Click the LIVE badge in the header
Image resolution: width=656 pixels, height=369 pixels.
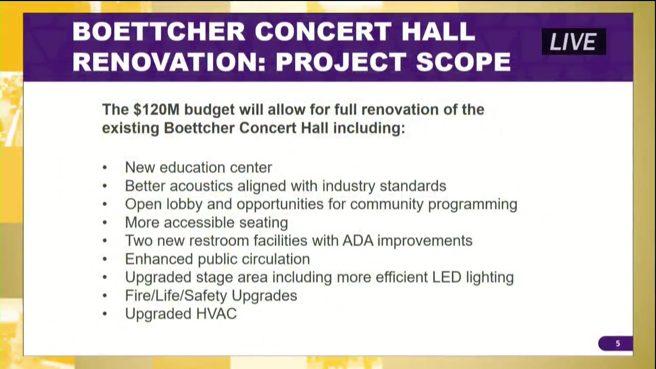click(573, 42)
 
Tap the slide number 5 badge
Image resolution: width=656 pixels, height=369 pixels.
click(616, 343)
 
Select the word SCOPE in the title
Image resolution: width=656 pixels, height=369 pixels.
click(463, 62)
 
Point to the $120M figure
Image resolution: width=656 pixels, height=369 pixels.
click(156, 110)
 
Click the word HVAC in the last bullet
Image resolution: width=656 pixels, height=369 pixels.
click(216, 314)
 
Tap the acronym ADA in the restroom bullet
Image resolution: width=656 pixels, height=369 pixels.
click(358, 241)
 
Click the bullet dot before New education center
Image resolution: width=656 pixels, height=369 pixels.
click(105, 168)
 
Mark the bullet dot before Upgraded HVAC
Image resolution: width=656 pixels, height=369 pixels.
click(105, 314)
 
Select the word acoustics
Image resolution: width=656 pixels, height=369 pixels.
click(201, 186)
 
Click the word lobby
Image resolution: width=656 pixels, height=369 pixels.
click(184, 204)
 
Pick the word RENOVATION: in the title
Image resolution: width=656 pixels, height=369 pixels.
click(169, 62)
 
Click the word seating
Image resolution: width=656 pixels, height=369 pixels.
click(263, 223)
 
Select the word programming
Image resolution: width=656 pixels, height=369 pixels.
click(473, 204)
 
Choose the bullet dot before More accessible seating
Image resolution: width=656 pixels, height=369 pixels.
click(105, 222)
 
